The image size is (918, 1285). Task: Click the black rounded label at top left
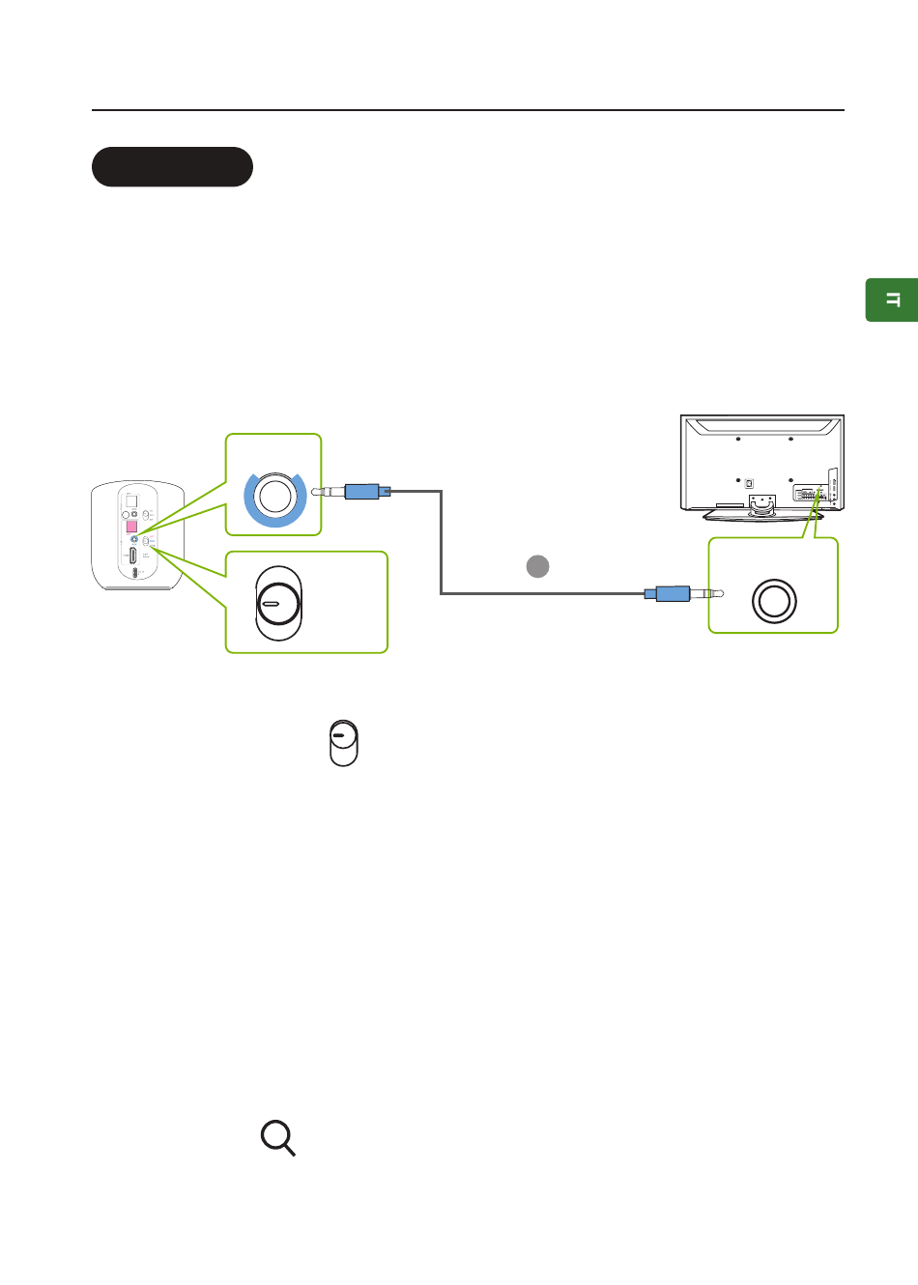click(x=172, y=167)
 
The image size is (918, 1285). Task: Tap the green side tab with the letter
click(x=892, y=300)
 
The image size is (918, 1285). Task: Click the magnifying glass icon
click(x=277, y=1138)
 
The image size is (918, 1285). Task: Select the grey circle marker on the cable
click(x=537, y=566)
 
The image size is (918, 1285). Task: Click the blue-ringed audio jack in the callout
click(x=274, y=496)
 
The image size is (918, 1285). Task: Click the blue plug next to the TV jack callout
click(x=672, y=592)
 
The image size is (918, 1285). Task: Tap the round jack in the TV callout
click(x=773, y=601)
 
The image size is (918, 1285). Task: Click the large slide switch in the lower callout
click(x=278, y=604)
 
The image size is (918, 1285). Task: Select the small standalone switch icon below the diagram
click(x=343, y=743)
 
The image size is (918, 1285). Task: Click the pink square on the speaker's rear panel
click(x=132, y=527)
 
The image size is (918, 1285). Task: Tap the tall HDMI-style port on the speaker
click(x=132, y=556)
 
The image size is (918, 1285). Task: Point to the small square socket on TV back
click(x=749, y=483)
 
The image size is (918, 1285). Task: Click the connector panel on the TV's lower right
click(x=810, y=494)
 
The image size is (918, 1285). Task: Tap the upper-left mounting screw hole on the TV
click(x=737, y=439)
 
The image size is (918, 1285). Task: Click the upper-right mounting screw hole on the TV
click(x=790, y=439)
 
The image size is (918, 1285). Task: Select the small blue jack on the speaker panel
click(x=134, y=539)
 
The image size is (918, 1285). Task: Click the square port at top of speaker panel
click(x=132, y=501)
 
